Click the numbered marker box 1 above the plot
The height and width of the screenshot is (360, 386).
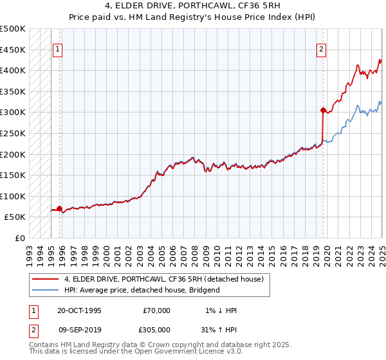58,48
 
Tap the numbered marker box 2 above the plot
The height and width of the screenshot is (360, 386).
321,48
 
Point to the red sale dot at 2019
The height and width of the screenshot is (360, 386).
322,110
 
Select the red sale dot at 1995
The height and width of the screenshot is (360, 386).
59,208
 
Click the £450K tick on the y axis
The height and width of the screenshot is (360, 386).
13,50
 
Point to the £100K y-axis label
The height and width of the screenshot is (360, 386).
13,196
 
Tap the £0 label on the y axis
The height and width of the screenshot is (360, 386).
20,238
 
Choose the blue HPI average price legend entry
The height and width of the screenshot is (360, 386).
142,290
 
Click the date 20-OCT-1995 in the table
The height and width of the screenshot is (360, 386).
79,310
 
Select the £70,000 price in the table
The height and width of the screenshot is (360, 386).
156,310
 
